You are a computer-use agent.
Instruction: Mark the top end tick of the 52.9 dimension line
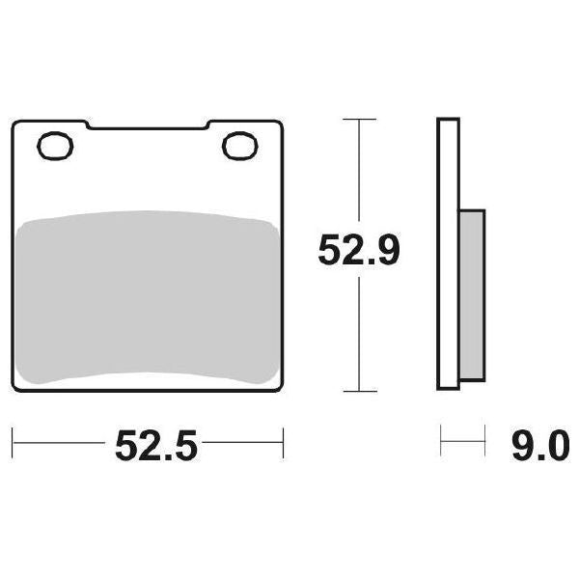(360, 120)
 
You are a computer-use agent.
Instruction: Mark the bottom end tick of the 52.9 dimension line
(360, 392)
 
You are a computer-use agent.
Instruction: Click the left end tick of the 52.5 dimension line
(13, 446)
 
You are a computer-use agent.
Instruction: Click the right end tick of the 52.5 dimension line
(283, 446)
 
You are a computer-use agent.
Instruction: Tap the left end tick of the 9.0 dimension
(440, 446)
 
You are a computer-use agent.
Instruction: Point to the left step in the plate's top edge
(87, 124)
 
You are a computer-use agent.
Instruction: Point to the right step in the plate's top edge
(208, 124)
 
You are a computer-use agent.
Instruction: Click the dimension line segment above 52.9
(360, 174)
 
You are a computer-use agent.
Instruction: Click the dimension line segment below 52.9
(360, 333)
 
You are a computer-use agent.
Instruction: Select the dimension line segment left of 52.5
(58, 446)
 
